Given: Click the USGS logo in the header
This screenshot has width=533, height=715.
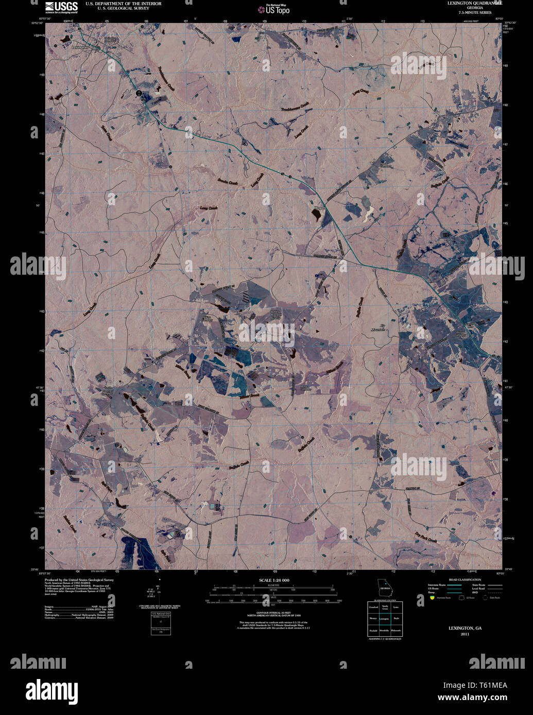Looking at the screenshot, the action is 61,7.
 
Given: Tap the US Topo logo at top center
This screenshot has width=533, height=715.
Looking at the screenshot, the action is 277,9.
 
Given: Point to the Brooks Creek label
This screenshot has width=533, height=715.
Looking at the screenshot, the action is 227,182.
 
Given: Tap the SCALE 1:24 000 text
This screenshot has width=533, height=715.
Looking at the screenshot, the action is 274,580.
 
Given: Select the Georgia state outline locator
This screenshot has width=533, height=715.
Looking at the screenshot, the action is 384,586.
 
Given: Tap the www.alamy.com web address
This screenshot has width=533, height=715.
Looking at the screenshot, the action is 472,698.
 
